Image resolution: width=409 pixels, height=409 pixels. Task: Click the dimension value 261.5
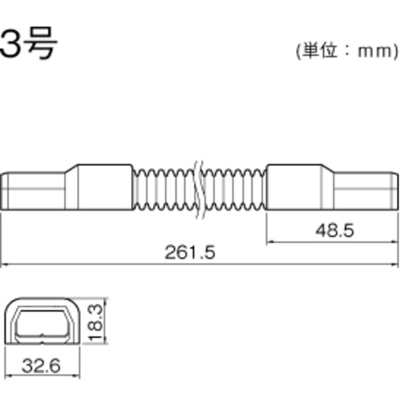coord(190,252)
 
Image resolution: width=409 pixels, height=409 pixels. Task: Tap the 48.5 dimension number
coord(335,231)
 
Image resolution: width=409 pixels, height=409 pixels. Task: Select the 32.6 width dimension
coord(41,366)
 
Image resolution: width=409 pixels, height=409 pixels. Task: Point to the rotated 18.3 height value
coord(96,323)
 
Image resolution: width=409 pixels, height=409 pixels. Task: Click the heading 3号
coord(29,43)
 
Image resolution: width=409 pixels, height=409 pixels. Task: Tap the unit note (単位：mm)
coord(347,51)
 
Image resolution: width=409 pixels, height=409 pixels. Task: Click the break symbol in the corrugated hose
coord(200,190)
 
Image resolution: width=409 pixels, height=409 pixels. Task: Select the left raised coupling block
coord(106,187)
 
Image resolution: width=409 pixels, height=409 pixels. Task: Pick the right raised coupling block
coord(294,187)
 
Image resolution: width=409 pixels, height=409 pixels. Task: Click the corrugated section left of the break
coord(164,190)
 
